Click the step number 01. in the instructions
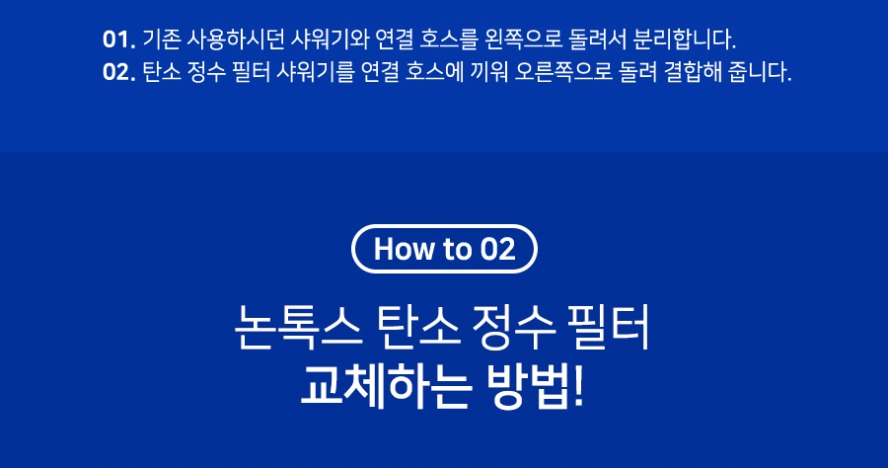tap(119, 39)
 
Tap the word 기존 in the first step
tap(162, 39)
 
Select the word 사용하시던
tap(236, 39)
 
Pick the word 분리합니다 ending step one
tap(684, 39)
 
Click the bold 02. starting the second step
tap(119, 72)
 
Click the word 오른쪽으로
tap(563, 72)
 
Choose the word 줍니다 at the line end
tap(760, 72)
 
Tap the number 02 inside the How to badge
tap(498, 249)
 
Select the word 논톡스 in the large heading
tap(298, 327)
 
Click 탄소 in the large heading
tap(418, 327)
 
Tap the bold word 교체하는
tap(386, 387)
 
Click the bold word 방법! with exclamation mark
tap(535, 387)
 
